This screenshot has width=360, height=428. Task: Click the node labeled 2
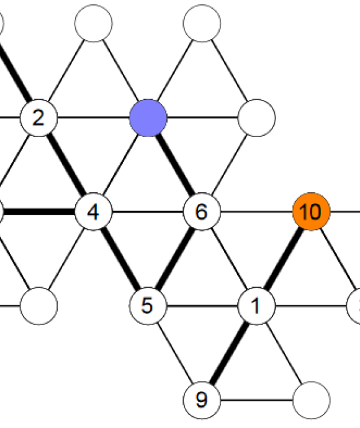click(x=38, y=118)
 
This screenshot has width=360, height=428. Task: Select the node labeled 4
click(x=94, y=212)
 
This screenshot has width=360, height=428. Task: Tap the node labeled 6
click(x=202, y=212)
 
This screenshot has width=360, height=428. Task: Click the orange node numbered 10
click(x=311, y=212)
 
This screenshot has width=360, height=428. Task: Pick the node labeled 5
click(x=148, y=306)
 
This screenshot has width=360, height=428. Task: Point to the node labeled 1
click(x=256, y=306)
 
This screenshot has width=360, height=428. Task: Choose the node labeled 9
click(x=202, y=400)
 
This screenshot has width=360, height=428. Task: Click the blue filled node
click(x=148, y=118)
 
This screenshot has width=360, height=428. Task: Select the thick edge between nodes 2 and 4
click(x=66, y=165)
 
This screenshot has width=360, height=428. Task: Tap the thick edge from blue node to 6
click(x=175, y=165)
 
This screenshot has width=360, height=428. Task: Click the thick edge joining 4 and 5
click(x=120, y=259)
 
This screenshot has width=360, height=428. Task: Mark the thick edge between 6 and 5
click(x=175, y=259)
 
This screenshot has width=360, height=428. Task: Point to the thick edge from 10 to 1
click(x=284, y=259)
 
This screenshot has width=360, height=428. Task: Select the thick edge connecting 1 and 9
click(x=229, y=353)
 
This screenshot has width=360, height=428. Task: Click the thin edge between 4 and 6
click(x=148, y=212)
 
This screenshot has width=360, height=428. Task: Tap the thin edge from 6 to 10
click(x=256, y=212)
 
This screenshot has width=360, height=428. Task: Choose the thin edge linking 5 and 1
click(x=202, y=306)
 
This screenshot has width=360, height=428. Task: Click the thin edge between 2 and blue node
click(x=94, y=118)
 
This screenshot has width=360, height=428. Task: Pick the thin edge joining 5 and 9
click(x=175, y=353)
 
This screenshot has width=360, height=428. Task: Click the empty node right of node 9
click(x=311, y=400)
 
